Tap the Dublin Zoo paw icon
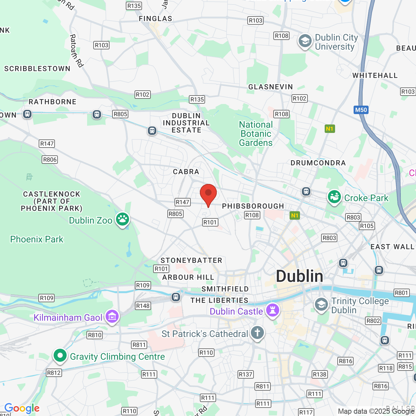[123, 219]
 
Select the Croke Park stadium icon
[334, 197]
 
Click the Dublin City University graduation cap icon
[305, 41]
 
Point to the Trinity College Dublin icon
[321, 305]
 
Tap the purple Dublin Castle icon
[273, 310]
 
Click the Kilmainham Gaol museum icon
[112, 316]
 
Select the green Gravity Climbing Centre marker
[60, 356]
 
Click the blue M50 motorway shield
[361, 110]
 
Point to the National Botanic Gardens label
[256, 134]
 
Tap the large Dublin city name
[299, 276]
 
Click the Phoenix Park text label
[37, 239]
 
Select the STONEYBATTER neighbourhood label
[191, 260]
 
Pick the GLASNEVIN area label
[270, 87]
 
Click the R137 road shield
[245, 374]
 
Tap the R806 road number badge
[50, 160]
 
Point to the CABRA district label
[186, 172]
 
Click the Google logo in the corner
[22, 408]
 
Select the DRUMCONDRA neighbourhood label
[318, 163]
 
